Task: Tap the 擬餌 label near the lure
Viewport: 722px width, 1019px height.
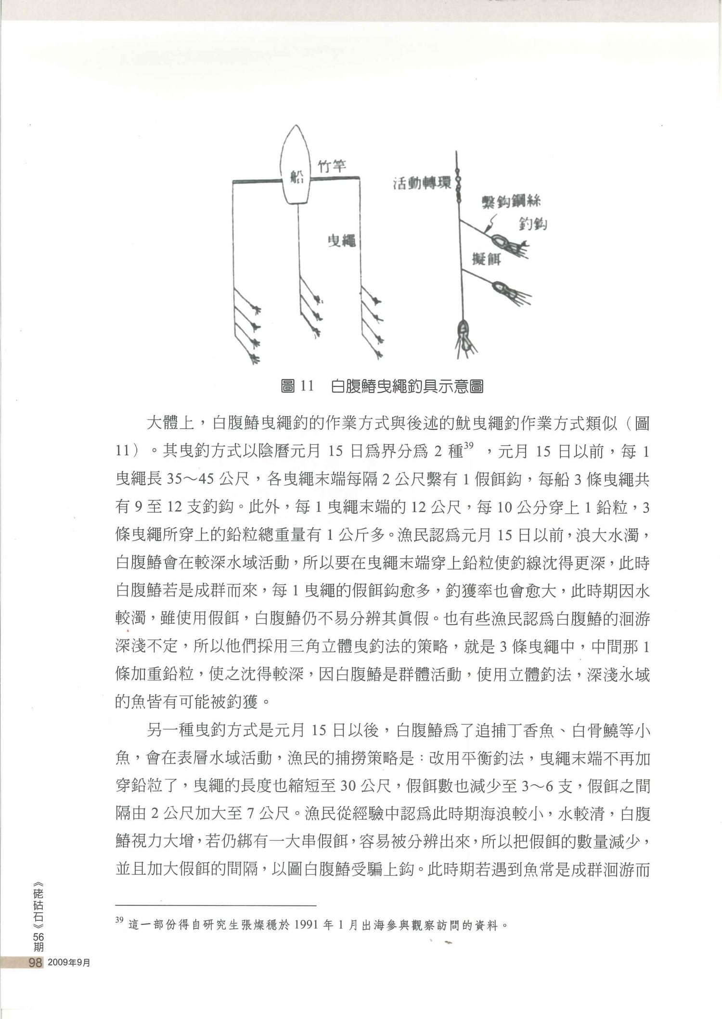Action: [486, 259]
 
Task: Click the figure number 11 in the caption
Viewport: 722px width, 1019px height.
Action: [304, 386]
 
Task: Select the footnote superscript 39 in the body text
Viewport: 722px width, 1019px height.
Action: [469, 448]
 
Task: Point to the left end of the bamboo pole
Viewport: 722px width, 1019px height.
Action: [234, 182]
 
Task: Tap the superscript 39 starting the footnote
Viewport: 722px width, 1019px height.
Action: [119, 920]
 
